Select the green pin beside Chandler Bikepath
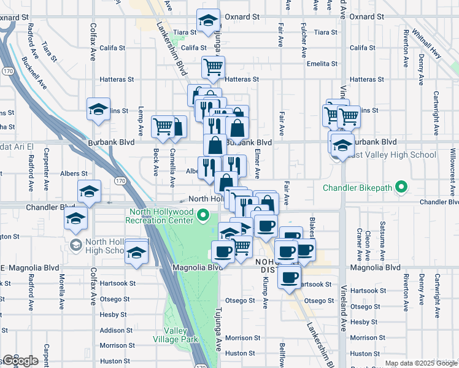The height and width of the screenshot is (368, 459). pos(401,186)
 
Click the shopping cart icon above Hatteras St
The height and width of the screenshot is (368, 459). pos(212,66)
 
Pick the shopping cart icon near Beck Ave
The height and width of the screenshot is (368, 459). pos(163,126)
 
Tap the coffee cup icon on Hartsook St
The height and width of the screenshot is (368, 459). pos(289,276)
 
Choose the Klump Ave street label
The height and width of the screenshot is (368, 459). pos(266,291)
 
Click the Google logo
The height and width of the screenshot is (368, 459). pos(20,361)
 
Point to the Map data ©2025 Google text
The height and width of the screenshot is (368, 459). pos(420,363)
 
